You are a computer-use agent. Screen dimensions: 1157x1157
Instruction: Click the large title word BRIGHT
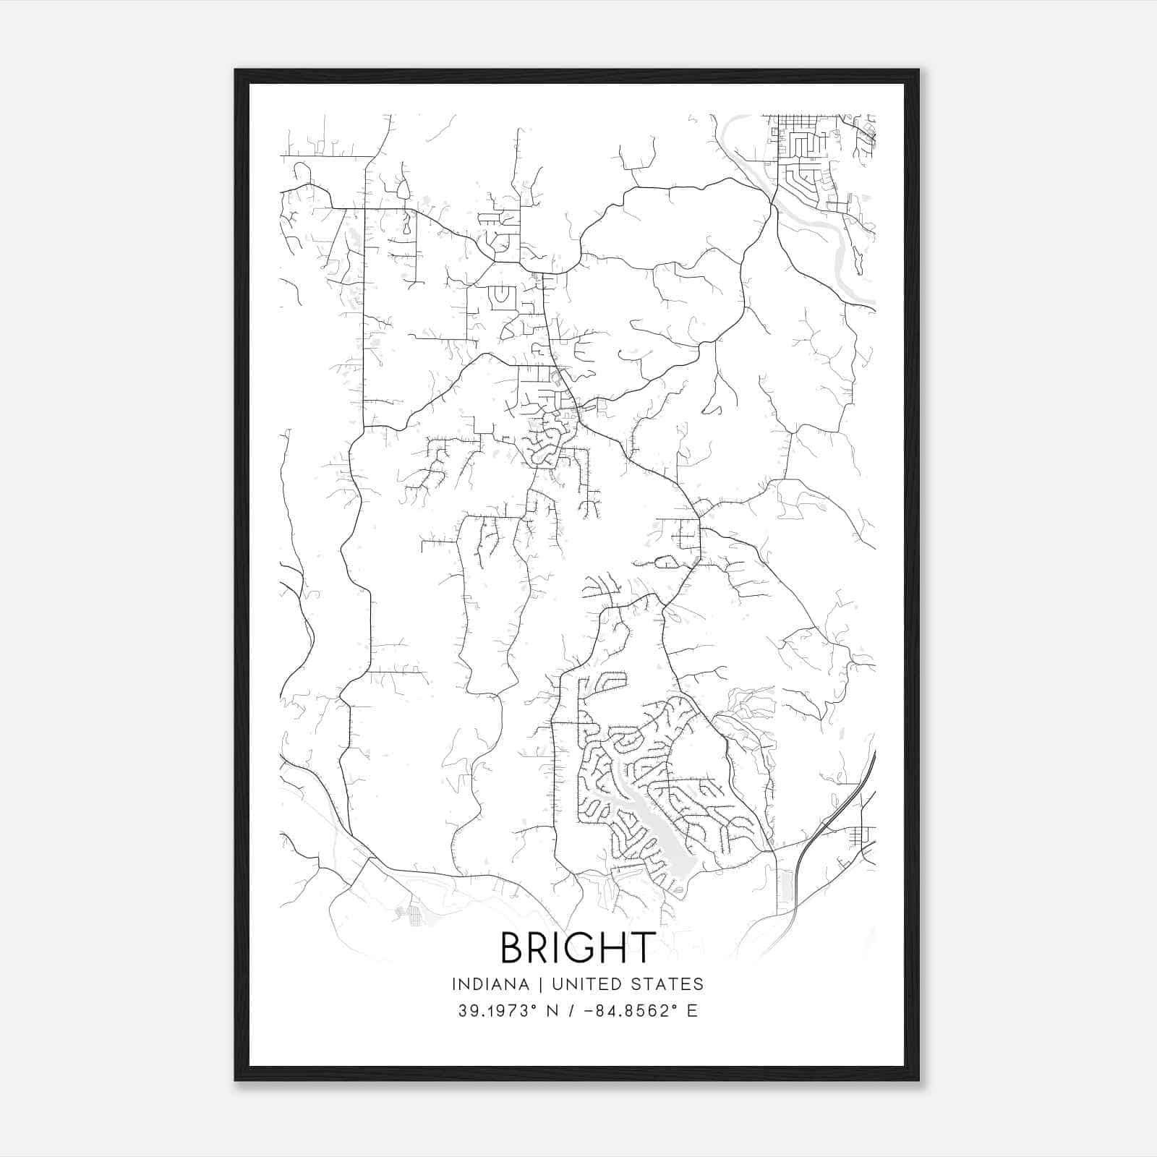[578, 947]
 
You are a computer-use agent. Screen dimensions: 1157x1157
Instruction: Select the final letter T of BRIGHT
[643, 947]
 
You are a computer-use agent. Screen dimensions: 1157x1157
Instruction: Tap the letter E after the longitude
[693, 1011]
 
